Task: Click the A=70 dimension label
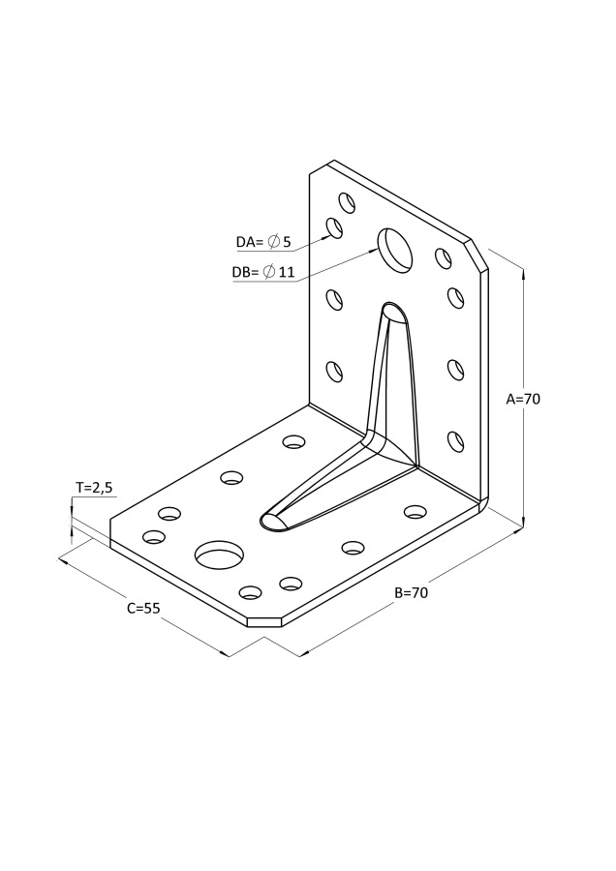point(523,398)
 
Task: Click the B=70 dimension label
point(412,592)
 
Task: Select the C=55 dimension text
point(143,609)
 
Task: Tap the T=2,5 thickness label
point(95,488)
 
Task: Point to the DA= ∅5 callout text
point(263,241)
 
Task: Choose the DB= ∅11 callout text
point(262,272)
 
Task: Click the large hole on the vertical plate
point(395,248)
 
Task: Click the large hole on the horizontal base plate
point(220,555)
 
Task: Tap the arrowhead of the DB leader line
point(374,251)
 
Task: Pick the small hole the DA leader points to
point(334,228)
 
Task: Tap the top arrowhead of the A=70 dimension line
point(524,274)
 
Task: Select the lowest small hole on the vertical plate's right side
point(455,441)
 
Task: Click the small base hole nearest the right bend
point(416,511)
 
